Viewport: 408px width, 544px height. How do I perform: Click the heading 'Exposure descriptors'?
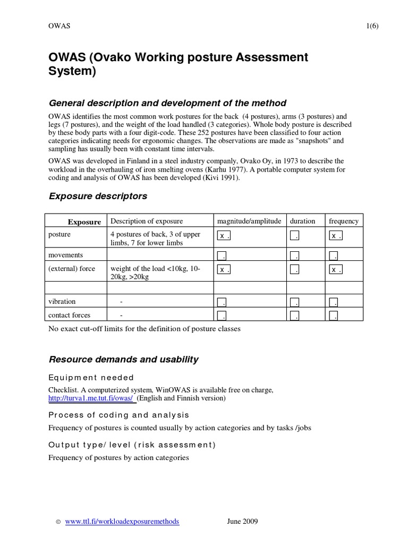tap(98, 196)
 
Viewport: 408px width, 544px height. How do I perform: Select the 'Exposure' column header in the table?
tap(84, 222)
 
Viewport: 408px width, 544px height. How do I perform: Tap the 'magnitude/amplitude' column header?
tap(249, 221)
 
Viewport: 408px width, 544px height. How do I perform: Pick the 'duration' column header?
tap(303, 221)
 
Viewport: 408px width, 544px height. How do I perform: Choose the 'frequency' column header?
tap(344, 221)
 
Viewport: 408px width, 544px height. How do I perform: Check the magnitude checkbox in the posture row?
tap(223, 235)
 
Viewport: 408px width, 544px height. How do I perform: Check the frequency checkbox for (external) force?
tap(335, 269)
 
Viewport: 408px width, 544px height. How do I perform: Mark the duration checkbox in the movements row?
tap(295, 256)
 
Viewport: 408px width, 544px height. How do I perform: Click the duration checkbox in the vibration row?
tap(295, 302)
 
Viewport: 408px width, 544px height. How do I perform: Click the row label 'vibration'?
tap(62, 301)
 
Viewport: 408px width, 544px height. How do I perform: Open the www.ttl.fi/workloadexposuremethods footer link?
tap(122, 522)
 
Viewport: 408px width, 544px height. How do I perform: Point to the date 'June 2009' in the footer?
tap(242, 522)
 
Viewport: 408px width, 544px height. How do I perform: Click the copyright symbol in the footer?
tap(58, 522)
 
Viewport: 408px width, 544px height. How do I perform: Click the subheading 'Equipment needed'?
tap(91, 377)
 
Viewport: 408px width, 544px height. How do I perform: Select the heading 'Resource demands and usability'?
tap(123, 359)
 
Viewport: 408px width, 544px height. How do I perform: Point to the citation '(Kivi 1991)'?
tap(220, 178)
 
